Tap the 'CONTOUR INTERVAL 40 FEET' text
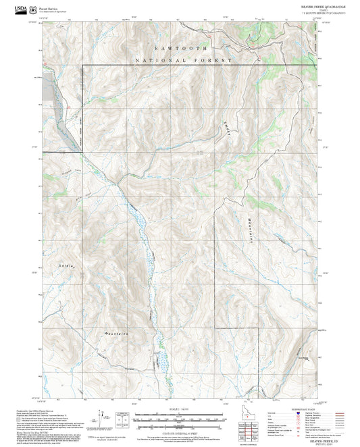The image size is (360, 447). [180, 433]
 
